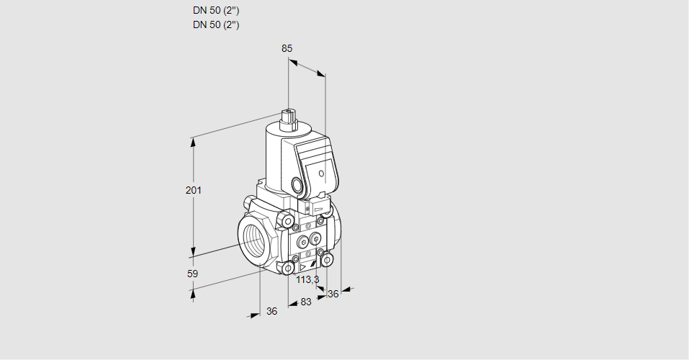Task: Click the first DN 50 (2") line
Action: [x=216, y=10]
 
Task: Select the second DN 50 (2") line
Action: [x=216, y=24]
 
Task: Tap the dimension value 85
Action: [x=287, y=48]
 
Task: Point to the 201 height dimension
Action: [x=194, y=190]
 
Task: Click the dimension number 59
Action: [x=192, y=274]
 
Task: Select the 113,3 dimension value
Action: [x=307, y=279]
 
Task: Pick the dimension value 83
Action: [x=306, y=302]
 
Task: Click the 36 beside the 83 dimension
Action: [x=333, y=294]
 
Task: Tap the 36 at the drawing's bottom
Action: [x=272, y=311]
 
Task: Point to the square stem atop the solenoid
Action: [x=289, y=119]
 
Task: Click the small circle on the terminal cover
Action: [x=321, y=174]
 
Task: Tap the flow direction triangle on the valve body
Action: [x=302, y=267]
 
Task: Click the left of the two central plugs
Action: [x=302, y=240]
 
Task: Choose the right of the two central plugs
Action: [x=315, y=240]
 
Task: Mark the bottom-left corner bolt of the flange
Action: [x=288, y=268]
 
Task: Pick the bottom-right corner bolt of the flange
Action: [x=326, y=261]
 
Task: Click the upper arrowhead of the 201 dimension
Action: [x=192, y=143]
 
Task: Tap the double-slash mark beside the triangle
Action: [x=313, y=264]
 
